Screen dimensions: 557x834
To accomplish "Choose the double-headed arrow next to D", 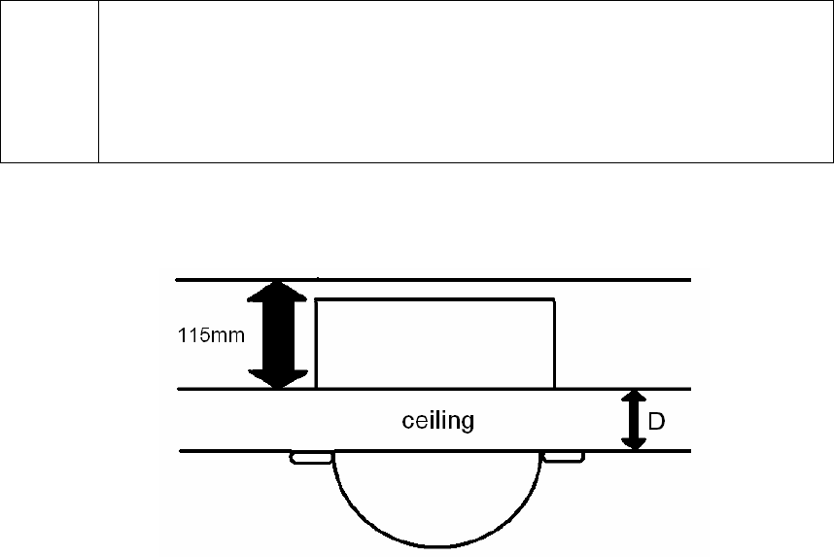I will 634,420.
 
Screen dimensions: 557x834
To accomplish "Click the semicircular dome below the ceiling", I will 436,496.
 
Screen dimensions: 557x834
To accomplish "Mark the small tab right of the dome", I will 563,457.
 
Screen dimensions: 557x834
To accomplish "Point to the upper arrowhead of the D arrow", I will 634,398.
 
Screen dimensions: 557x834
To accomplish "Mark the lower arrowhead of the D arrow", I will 634,442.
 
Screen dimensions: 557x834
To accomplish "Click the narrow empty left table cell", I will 50,81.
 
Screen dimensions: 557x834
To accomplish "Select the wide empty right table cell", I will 466,81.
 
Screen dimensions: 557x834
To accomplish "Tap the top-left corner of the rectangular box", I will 317,300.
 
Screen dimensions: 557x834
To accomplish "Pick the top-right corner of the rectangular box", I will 555,300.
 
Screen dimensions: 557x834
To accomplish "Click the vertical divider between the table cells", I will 99,81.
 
